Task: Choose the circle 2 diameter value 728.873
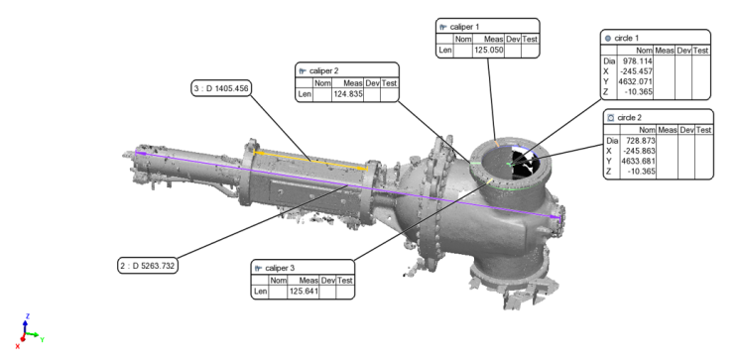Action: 640,141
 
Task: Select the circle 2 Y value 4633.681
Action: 640,162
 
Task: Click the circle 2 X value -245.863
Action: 640,151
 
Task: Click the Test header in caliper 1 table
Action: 529,37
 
